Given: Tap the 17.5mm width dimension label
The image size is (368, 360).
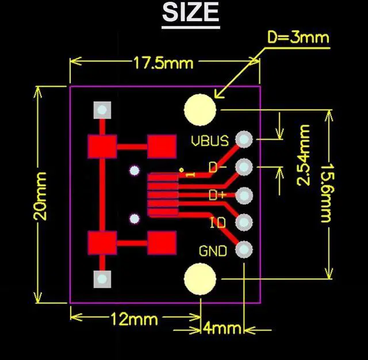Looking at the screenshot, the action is [163, 62].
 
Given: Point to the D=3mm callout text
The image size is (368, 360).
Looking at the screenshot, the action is [298, 38].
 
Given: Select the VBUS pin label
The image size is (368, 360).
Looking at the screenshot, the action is [210, 140].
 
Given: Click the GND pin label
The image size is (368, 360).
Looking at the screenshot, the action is [213, 251].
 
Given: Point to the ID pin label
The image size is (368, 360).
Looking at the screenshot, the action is [218, 223].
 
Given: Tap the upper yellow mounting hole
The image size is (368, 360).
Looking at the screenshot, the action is [200, 109].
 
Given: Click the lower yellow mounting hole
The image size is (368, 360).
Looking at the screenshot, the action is [200, 278].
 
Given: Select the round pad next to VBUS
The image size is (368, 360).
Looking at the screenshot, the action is [244, 139].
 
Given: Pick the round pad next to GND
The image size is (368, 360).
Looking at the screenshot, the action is [244, 250].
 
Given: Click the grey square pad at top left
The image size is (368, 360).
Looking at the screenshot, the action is [102, 109].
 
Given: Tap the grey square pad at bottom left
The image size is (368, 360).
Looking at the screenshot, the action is [102, 278].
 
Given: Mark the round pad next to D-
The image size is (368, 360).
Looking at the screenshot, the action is [244, 167].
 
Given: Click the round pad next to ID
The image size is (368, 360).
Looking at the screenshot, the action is [244, 222].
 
